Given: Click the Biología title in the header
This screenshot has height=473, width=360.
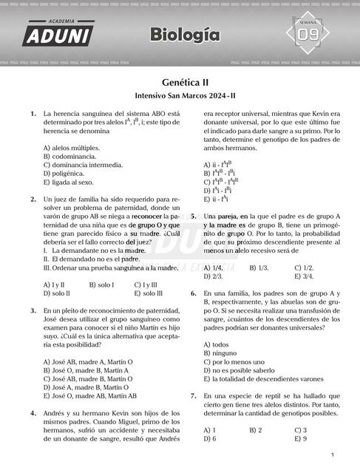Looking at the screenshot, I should [x=185, y=35].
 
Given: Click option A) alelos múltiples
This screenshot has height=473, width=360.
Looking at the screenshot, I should [x=71, y=148].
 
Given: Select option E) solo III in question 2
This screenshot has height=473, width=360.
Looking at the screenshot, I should [x=148, y=293].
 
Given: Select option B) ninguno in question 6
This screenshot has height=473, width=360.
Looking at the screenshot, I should [x=220, y=353].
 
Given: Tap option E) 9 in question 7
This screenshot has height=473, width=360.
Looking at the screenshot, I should [x=300, y=439].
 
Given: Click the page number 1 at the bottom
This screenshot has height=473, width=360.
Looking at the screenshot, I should [x=333, y=455].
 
